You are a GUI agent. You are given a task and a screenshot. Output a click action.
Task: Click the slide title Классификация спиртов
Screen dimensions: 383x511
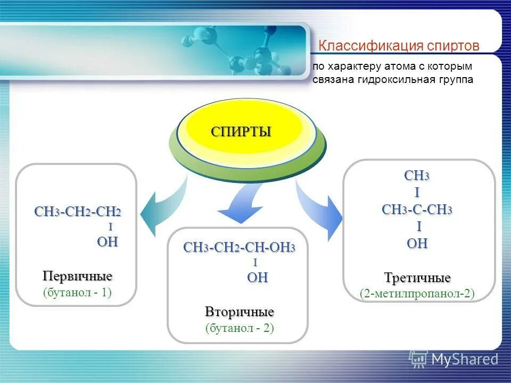(399, 46)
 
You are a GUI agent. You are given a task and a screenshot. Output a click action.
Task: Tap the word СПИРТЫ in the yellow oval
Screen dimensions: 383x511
(241, 131)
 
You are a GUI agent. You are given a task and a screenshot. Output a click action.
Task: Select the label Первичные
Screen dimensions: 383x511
(78, 277)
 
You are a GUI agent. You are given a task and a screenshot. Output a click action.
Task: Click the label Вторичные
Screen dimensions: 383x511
(240, 311)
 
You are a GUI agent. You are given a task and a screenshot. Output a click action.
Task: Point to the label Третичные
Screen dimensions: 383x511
(417, 278)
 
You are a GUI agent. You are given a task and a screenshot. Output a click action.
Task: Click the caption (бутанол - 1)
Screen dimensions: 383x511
(78, 292)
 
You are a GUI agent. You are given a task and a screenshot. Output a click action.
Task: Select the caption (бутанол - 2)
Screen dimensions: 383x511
(240, 328)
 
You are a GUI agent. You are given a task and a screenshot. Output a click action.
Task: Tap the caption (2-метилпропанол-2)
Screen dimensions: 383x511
(417, 293)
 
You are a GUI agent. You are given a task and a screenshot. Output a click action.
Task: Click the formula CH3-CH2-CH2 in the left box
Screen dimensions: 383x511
(78, 212)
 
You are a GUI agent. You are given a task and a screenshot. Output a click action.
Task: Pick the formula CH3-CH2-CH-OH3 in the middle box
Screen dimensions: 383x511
(239, 248)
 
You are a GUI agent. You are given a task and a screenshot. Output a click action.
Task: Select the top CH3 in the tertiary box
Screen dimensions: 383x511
(417, 176)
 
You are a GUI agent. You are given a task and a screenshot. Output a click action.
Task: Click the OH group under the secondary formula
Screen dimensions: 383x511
(257, 277)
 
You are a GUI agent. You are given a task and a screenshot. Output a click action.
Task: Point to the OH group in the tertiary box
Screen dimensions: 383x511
(417, 244)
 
